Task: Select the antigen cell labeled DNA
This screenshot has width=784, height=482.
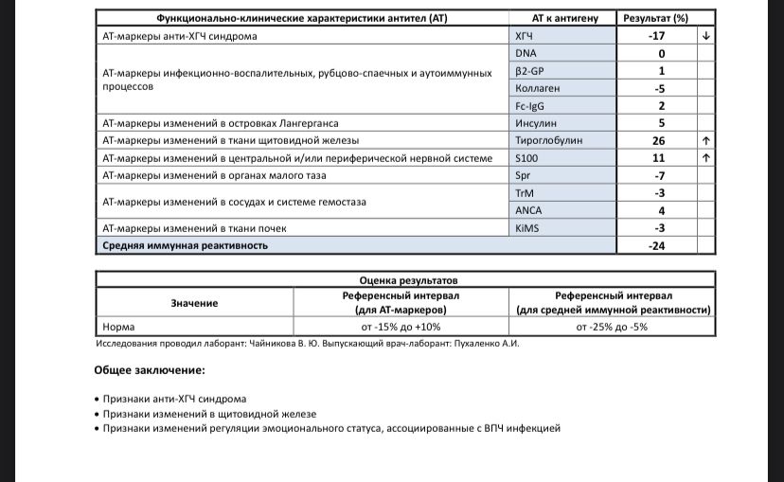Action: click(x=526, y=53)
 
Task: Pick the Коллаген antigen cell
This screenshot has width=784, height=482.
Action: click(x=535, y=88)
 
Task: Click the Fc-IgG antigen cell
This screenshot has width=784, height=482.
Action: click(x=530, y=106)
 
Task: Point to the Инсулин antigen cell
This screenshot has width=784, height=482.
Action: click(x=535, y=123)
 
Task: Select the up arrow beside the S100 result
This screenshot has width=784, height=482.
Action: click(x=705, y=158)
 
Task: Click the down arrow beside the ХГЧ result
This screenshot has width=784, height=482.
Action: click(x=705, y=36)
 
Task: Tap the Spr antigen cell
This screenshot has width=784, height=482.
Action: click(x=523, y=176)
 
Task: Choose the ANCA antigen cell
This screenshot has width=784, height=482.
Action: click(x=528, y=210)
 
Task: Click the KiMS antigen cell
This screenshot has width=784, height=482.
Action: click(x=526, y=228)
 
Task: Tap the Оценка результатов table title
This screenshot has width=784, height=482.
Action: click(x=408, y=281)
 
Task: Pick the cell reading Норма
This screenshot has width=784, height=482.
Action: click(x=118, y=328)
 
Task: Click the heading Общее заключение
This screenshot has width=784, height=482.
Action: click(x=150, y=370)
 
